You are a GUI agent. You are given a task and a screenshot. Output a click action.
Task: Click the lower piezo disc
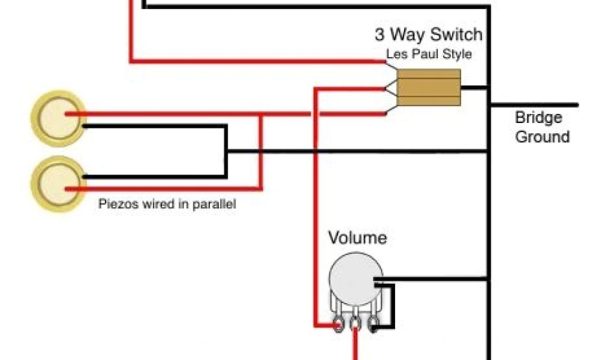click(58, 184)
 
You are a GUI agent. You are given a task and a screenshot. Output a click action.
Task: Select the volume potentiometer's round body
click(354, 281)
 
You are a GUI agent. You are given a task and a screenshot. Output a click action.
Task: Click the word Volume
click(357, 238)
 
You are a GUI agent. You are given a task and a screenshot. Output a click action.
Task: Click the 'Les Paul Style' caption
click(428, 54)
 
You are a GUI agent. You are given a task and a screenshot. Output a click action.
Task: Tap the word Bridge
click(538, 118)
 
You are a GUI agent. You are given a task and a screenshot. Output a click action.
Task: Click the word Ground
click(542, 137)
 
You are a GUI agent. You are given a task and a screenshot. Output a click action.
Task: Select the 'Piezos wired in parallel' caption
click(167, 204)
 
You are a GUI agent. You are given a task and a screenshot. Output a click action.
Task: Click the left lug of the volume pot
click(339, 325)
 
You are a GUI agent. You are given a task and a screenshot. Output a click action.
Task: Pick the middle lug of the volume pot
click(356, 325)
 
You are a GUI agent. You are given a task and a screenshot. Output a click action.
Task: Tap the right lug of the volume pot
click(372, 325)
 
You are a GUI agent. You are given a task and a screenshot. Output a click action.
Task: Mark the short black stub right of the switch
click(475, 88)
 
